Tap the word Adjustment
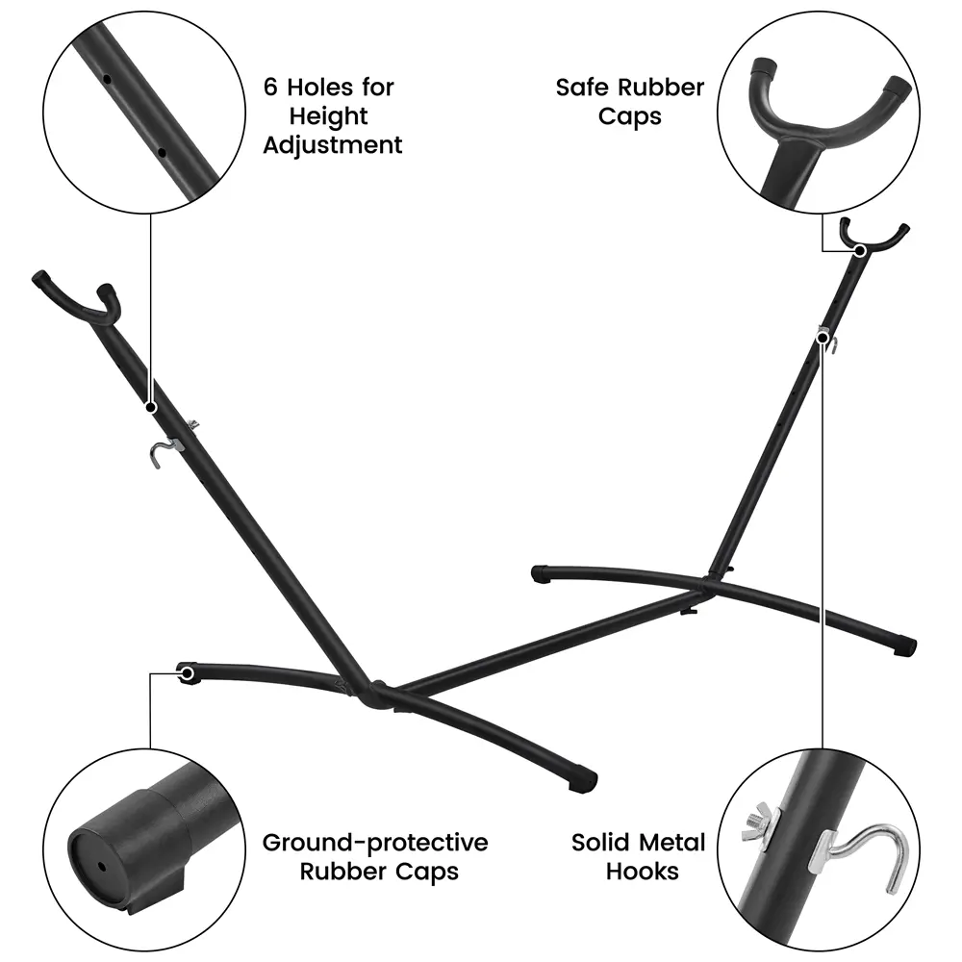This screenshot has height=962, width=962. point(332,145)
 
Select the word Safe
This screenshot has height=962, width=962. point(583,88)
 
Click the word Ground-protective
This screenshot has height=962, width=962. point(375,843)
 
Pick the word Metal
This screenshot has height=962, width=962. point(676,843)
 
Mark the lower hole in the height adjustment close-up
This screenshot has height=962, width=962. point(163,150)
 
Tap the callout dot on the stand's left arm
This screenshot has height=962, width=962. point(151,408)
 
